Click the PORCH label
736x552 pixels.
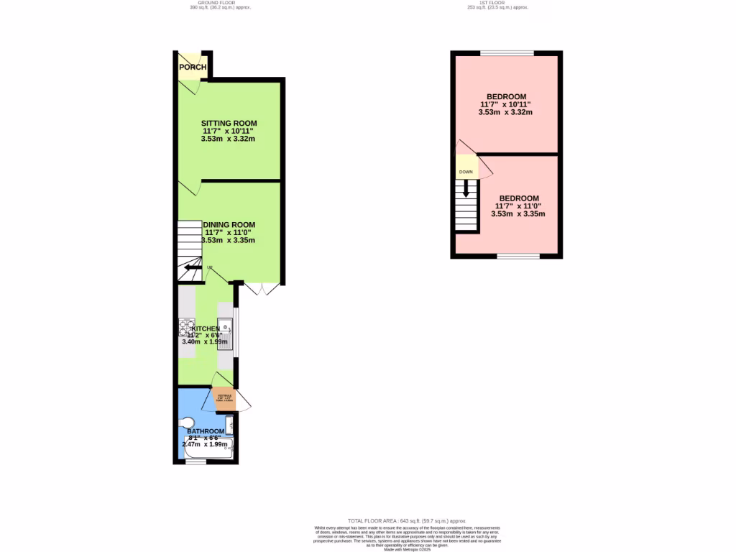[x=193, y=68]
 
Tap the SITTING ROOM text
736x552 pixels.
[x=229, y=123]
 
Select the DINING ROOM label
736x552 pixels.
[x=229, y=224]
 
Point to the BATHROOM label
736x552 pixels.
[x=206, y=431]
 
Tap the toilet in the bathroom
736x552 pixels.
[x=188, y=422]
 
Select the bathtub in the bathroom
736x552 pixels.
[x=208, y=447]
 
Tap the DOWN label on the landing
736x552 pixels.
[x=466, y=172]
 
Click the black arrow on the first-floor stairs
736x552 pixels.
[x=467, y=188]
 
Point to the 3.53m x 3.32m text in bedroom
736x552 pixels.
[x=506, y=112]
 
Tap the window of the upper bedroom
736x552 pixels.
[x=507, y=53]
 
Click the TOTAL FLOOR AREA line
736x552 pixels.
[x=407, y=520]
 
